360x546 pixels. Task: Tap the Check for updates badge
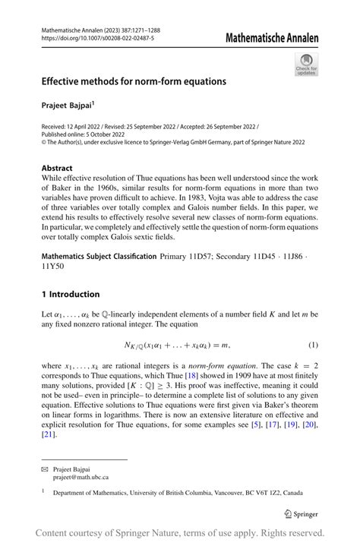pos(307,64)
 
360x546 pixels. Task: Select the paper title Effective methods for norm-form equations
pos(134,80)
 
